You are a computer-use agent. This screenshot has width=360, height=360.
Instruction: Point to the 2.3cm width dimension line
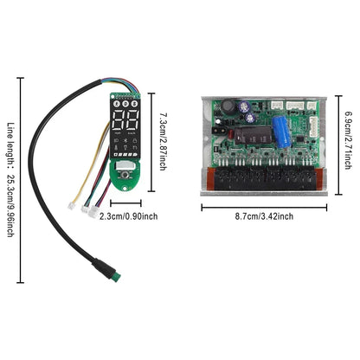pyautogui.click(x=126, y=205)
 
